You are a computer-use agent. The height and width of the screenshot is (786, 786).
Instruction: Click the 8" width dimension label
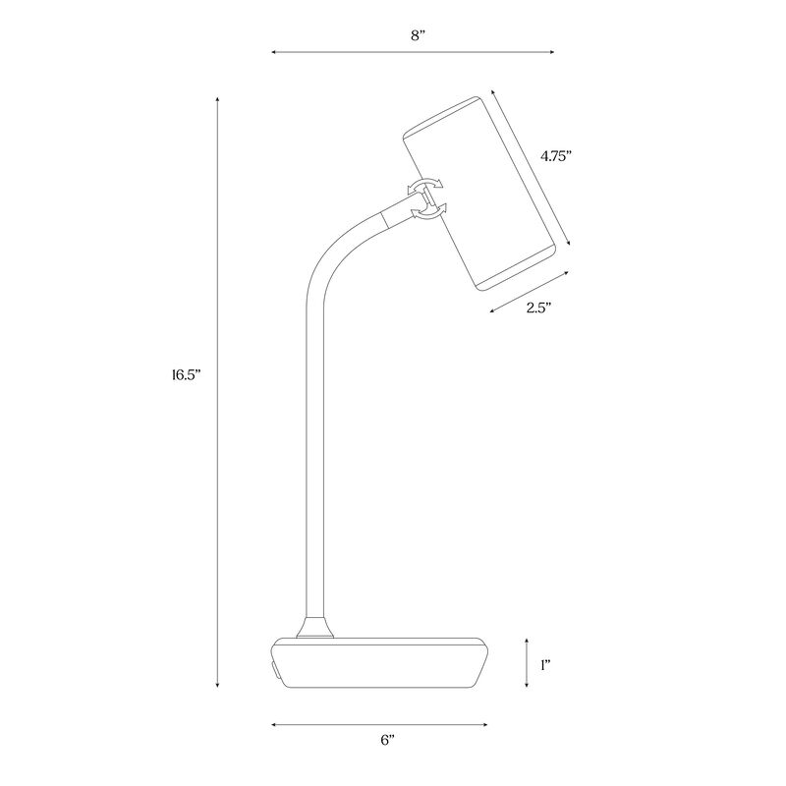419,35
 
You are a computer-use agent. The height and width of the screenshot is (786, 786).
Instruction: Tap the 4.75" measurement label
556,155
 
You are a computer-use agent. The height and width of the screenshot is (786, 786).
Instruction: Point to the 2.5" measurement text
537,308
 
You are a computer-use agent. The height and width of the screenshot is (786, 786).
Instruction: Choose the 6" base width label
387,741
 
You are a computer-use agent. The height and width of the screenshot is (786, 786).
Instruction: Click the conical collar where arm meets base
315,628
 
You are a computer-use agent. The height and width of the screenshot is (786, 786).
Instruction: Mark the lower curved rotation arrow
428,210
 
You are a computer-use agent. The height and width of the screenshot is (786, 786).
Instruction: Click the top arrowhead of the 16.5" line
217,98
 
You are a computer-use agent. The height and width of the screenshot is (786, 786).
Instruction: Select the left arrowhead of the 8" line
275,53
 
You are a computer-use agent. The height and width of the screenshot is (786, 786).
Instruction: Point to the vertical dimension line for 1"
527,663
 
